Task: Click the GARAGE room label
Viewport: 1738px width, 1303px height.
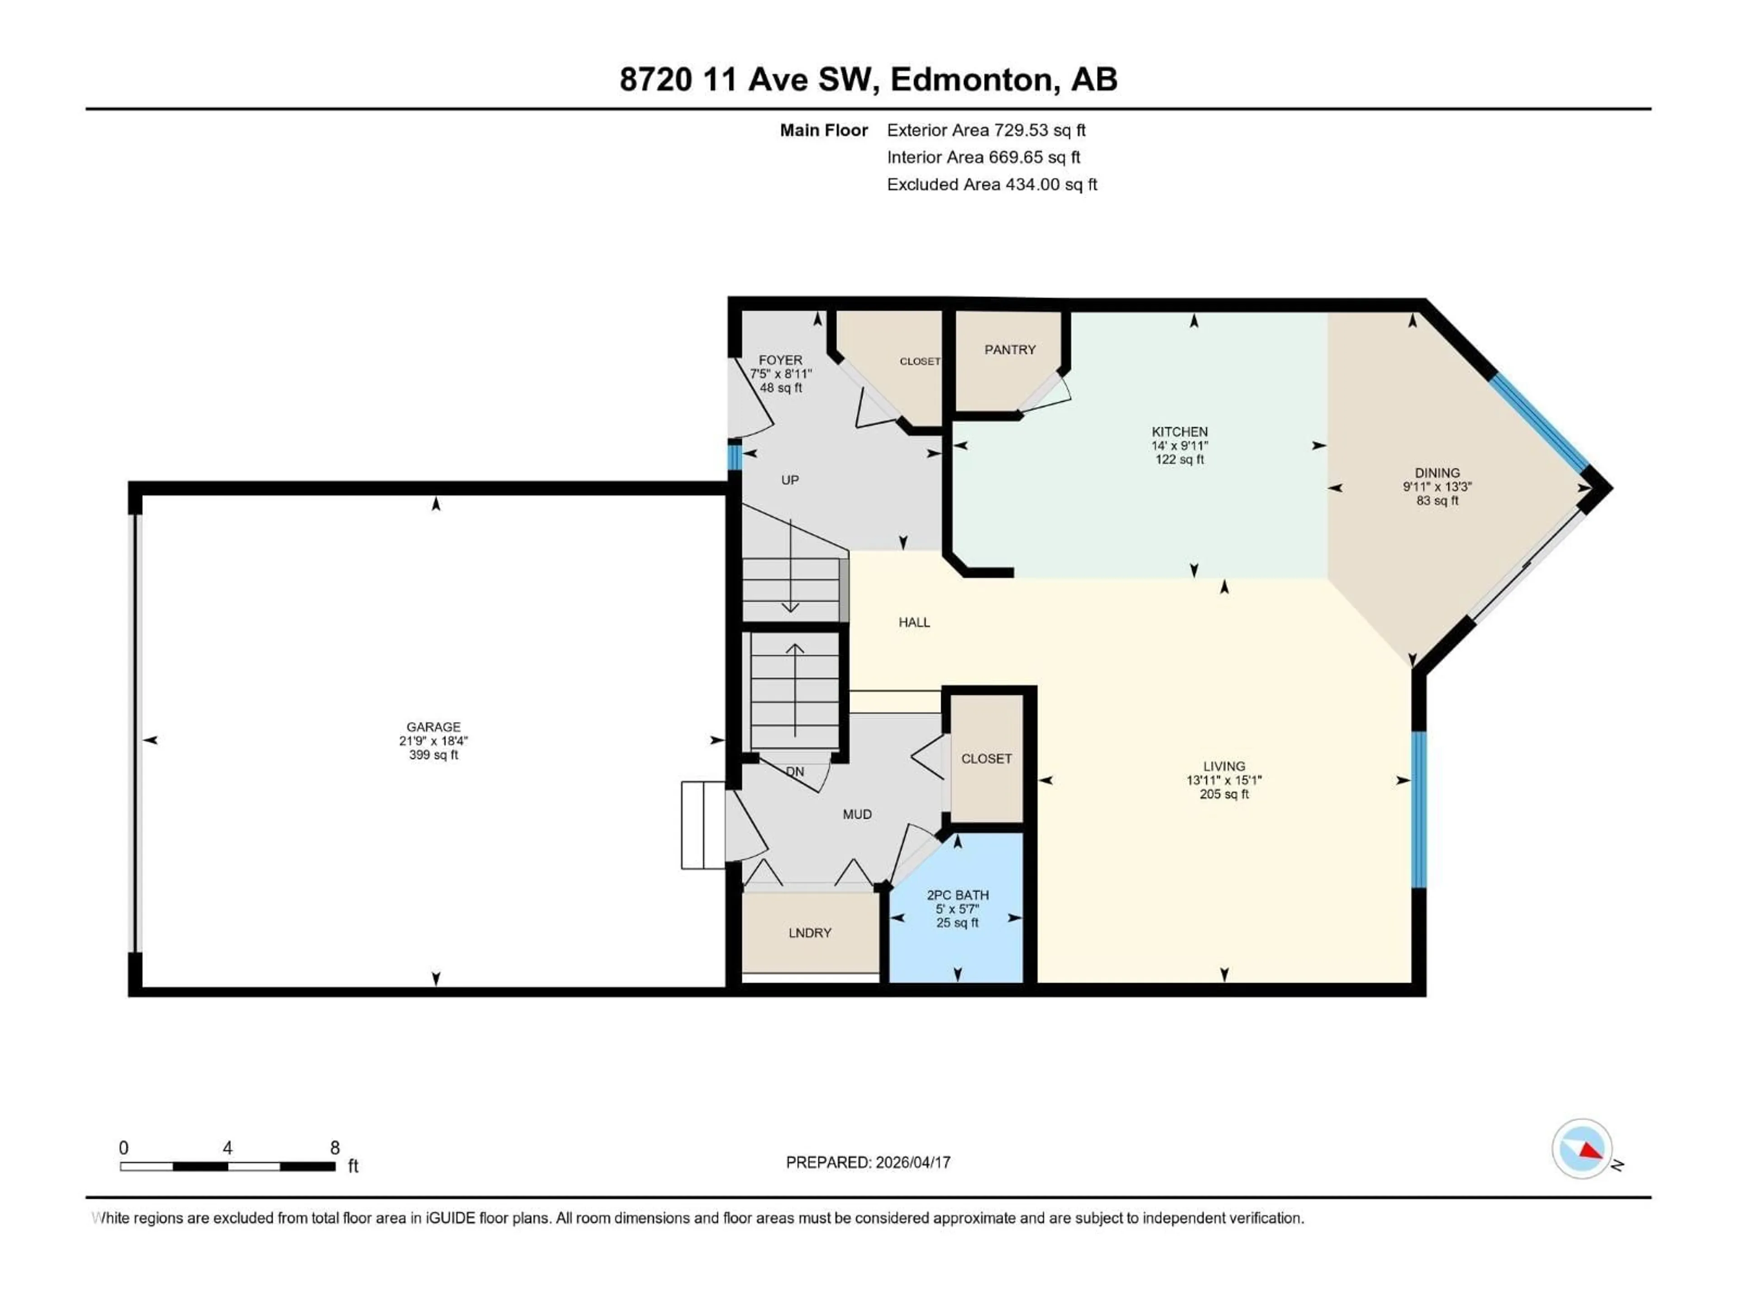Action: tap(433, 727)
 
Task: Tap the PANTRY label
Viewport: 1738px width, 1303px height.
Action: tap(1010, 350)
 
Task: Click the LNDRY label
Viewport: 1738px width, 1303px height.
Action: tap(809, 932)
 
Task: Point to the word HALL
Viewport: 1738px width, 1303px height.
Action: tap(914, 622)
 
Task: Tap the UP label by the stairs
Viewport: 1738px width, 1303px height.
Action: tap(790, 480)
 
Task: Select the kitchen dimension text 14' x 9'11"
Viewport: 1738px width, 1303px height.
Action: tap(1179, 445)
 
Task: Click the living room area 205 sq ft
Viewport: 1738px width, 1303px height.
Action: tap(1223, 794)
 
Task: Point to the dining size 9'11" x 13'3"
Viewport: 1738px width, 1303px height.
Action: tap(1437, 487)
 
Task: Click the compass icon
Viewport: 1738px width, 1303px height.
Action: tap(1582, 1148)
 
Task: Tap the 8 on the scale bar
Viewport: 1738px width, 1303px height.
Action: tap(335, 1147)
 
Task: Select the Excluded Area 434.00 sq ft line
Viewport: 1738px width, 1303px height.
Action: tap(992, 185)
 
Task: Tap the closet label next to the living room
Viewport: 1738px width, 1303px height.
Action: tap(986, 759)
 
